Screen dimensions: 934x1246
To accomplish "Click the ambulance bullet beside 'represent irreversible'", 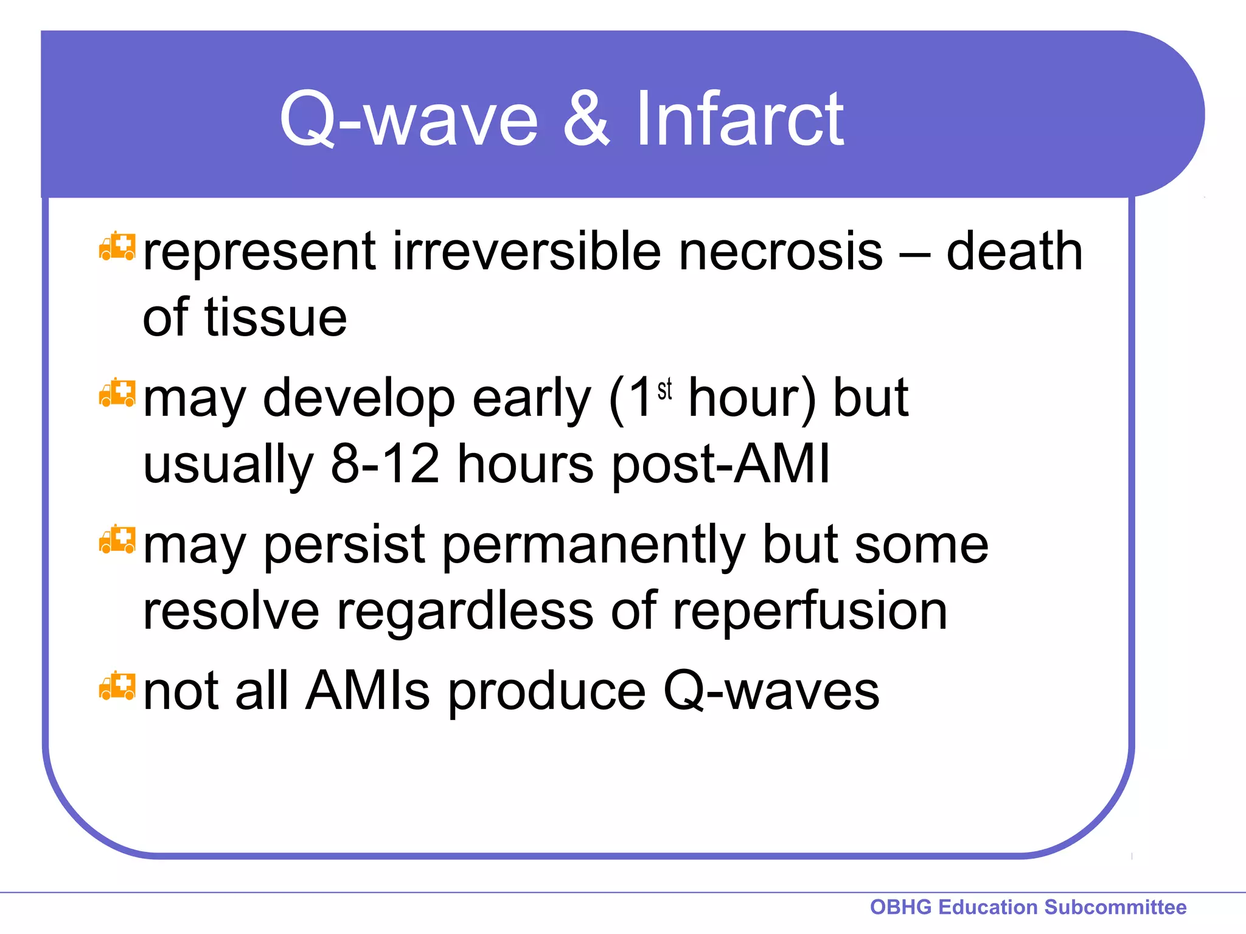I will click(117, 247).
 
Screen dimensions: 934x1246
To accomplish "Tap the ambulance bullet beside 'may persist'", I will click(117, 539).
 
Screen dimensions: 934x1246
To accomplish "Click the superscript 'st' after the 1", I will click(664, 389).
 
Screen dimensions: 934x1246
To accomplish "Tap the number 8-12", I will click(385, 464).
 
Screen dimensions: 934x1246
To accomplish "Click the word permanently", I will click(593, 545).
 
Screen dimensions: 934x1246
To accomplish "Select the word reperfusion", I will click(810, 611).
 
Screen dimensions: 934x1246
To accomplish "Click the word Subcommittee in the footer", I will click(1115, 907).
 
